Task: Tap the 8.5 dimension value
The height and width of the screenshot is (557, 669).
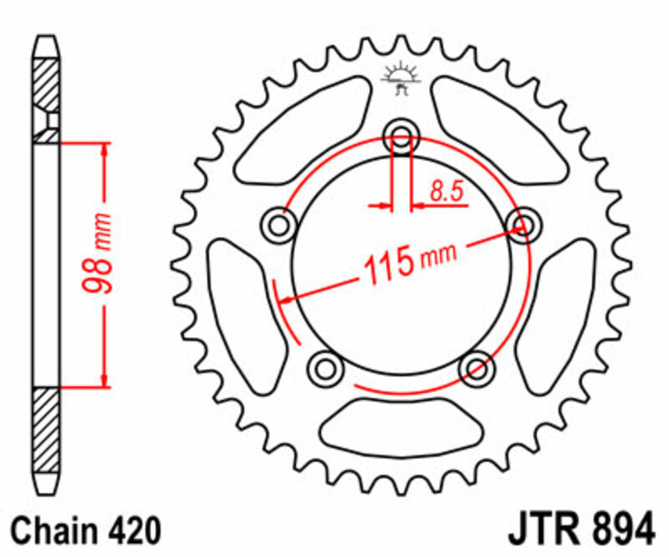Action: (x=447, y=192)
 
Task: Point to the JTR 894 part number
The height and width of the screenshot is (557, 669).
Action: (x=579, y=530)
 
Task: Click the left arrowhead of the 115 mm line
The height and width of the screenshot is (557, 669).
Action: (x=285, y=299)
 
